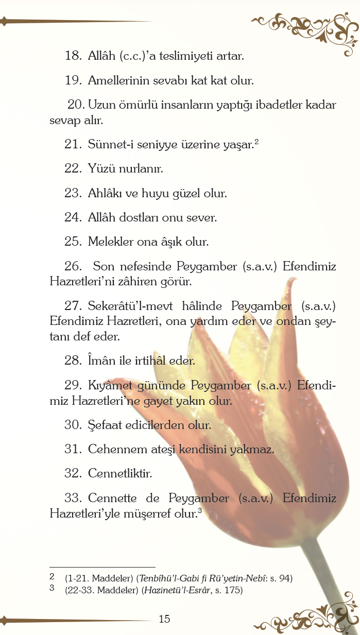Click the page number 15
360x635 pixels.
point(164,619)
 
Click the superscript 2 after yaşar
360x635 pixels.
point(256,142)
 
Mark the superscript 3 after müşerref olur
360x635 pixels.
point(199,510)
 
